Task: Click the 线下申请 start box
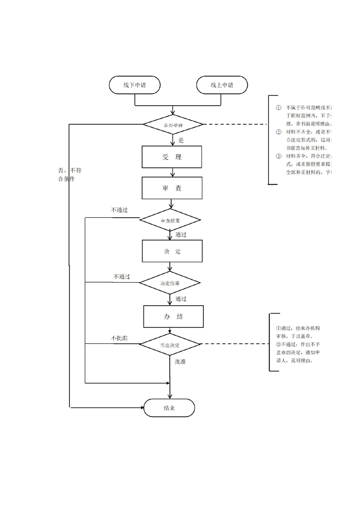[x=134, y=85]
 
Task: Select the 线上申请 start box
[x=222, y=85]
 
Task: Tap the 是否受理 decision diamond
[x=173, y=124]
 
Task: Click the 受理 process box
[x=172, y=157]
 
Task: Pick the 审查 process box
[x=172, y=188]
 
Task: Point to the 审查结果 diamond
[x=170, y=221]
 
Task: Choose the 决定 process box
[x=172, y=251]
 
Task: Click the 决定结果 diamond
[x=170, y=283]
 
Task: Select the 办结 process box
[x=173, y=316]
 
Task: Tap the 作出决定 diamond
[x=170, y=345]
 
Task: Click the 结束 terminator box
[x=169, y=408]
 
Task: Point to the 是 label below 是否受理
[x=181, y=140]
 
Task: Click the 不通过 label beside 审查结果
[x=119, y=210]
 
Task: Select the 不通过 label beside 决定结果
[x=122, y=276]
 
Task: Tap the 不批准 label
[x=119, y=338]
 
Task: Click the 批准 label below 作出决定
[x=180, y=362]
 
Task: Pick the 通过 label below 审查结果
[x=181, y=235]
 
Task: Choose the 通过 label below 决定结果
[x=181, y=299]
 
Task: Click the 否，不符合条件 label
[x=69, y=175]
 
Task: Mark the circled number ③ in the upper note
[x=279, y=156]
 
